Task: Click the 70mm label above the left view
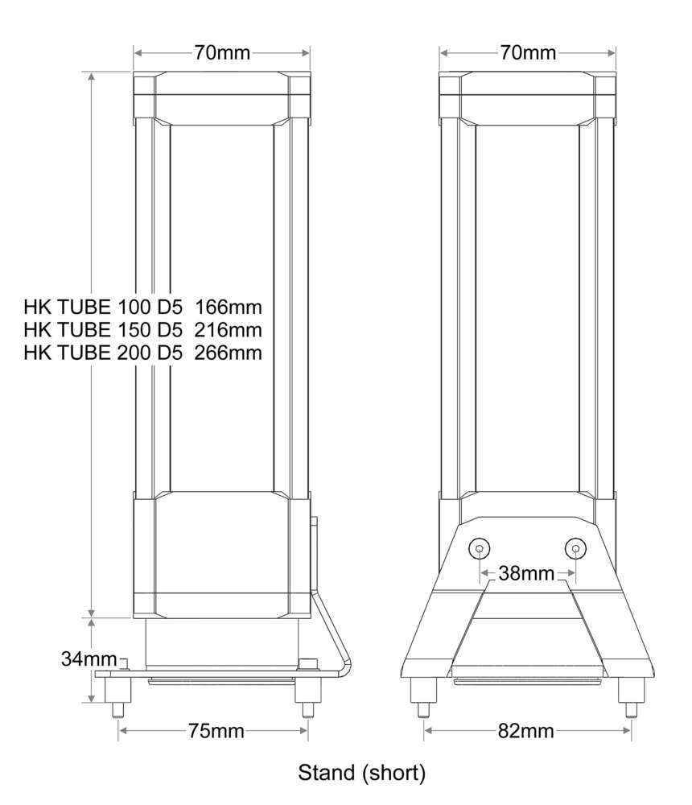point(221,53)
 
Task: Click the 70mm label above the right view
point(528,53)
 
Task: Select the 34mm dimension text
point(89,658)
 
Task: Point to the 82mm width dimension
point(526,731)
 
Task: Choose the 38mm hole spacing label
point(527,574)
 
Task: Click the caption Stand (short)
point(361,774)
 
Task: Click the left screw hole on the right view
point(480,548)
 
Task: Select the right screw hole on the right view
point(575,548)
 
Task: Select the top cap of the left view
point(221,95)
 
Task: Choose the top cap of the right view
point(528,95)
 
